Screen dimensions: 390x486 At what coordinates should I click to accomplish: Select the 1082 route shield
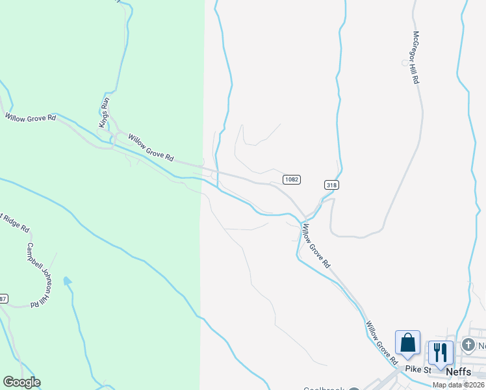coord(291,179)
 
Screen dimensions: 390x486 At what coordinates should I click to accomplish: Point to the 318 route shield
coord(331,185)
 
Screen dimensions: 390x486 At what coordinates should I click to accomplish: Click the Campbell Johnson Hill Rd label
coord(37,275)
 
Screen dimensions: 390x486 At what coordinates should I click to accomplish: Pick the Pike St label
coord(418,369)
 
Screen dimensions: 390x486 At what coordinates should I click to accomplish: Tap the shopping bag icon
coord(407,343)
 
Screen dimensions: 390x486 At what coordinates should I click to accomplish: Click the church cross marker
coord(468,344)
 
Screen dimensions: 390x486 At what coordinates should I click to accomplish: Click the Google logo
coord(21,382)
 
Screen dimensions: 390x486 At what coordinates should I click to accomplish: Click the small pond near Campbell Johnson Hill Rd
coord(67,281)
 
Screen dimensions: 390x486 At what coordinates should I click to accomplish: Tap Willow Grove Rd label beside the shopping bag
coord(381,343)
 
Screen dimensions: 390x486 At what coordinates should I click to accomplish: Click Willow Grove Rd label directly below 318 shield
coord(316,246)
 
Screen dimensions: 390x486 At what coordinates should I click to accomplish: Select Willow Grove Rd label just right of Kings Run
coord(151,148)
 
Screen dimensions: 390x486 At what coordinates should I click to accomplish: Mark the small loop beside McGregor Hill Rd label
coord(405,63)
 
